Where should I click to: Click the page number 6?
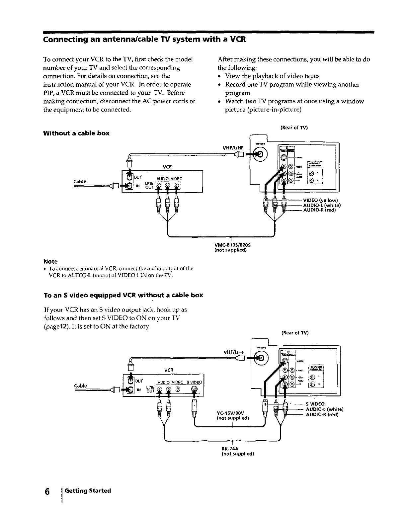click(x=47, y=491)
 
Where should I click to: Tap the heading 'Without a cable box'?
click(x=76, y=133)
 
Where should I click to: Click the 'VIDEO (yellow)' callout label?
click(x=320, y=200)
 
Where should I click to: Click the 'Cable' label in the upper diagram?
click(x=80, y=181)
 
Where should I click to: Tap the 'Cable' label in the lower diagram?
click(x=80, y=386)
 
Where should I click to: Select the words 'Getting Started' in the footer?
click(x=88, y=491)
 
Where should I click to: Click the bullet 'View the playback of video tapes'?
click(x=272, y=76)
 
